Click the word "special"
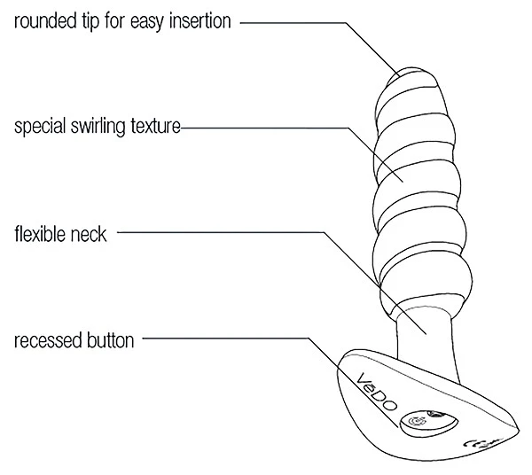tap(40, 128)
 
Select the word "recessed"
tap(46, 340)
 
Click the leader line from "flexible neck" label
tap(222, 234)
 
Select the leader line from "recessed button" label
tap(231, 338)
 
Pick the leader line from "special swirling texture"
tap(266, 128)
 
